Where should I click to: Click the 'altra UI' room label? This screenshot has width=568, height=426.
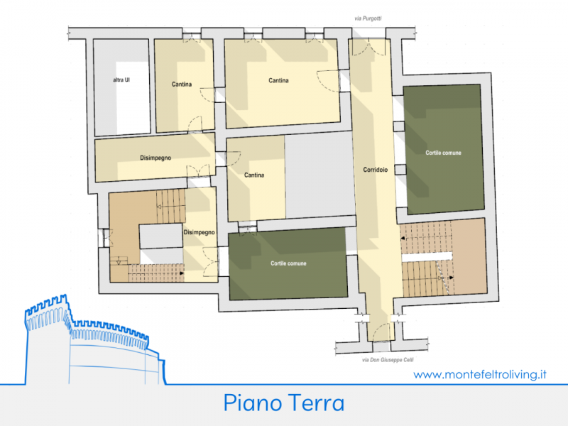pyautogui.click(x=121, y=80)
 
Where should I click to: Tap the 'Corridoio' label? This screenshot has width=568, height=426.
pyautogui.click(x=376, y=170)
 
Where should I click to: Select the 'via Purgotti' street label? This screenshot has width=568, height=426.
pyautogui.click(x=368, y=18)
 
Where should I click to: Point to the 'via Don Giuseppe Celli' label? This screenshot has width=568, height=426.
pyautogui.click(x=388, y=360)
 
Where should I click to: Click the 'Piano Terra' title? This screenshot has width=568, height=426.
pyautogui.click(x=283, y=403)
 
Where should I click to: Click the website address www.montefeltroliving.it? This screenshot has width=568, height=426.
pyautogui.click(x=480, y=374)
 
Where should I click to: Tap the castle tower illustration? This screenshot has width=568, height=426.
pyautogui.click(x=95, y=340)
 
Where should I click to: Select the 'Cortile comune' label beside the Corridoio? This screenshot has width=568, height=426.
pyautogui.click(x=443, y=153)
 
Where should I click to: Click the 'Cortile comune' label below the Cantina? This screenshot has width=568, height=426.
pyautogui.click(x=288, y=263)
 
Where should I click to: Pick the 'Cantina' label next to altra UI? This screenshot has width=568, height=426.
pyautogui.click(x=182, y=84)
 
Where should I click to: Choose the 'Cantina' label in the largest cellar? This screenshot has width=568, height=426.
pyautogui.click(x=278, y=80)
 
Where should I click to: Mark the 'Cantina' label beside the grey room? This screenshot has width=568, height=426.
pyautogui.click(x=254, y=175)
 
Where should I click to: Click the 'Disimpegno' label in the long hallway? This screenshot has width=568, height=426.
pyautogui.click(x=155, y=158)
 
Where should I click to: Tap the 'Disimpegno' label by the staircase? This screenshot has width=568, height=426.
pyautogui.click(x=199, y=232)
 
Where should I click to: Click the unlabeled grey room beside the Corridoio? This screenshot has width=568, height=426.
pyautogui.click(x=319, y=175)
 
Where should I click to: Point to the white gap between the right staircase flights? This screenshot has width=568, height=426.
pyautogui.click(x=427, y=257)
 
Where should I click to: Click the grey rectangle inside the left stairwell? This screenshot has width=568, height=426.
pyautogui.click(x=161, y=236)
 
